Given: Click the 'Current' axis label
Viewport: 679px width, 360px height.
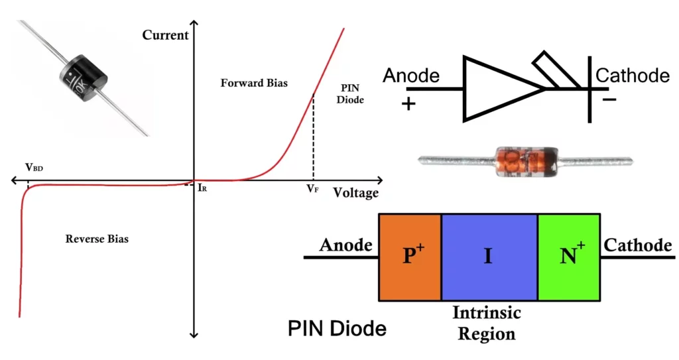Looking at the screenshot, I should (166, 34).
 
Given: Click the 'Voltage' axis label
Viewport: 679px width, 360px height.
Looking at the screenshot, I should (355, 193).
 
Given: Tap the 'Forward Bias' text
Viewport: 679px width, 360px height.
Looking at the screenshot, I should (254, 84).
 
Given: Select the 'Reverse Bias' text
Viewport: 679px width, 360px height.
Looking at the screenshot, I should (97, 239).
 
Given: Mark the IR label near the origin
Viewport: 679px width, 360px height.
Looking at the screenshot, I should (203, 188).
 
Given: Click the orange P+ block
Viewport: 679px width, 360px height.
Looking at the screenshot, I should (410, 257).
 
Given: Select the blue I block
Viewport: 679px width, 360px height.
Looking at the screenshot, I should (489, 257).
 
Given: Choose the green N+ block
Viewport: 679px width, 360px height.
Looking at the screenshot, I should (568, 257).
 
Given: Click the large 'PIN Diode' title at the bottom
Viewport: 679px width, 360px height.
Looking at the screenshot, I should (337, 328).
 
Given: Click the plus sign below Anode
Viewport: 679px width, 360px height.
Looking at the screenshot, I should (409, 104).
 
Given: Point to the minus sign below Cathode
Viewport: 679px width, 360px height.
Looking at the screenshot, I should (609, 100).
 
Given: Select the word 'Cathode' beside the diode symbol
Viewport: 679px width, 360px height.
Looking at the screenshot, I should (633, 76).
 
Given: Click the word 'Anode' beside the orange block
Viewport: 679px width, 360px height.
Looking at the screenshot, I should (345, 245).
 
